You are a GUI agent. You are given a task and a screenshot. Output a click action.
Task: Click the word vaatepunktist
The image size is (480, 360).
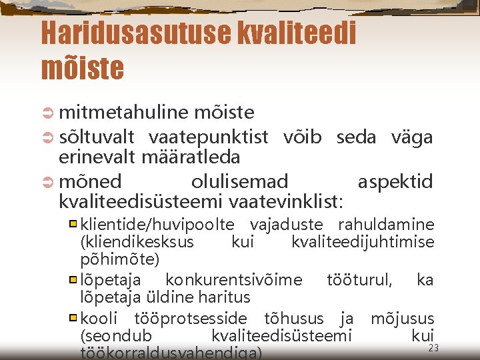(209, 137)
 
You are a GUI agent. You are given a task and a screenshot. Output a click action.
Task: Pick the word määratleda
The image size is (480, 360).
(190, 157)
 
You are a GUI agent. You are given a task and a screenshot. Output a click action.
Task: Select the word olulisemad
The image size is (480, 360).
(239, 181)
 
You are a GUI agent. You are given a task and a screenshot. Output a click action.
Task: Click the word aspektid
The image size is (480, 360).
(395, 181)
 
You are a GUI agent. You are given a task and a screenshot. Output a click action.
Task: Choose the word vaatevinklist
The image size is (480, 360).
(286, 201)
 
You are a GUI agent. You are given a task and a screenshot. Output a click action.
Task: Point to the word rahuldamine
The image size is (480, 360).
(386, 224)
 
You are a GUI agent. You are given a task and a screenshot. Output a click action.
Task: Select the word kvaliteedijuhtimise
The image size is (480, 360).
(363, 241)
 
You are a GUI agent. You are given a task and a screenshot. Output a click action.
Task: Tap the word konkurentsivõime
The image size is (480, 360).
(233, 279)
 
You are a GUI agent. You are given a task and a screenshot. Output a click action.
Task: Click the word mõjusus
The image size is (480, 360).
(402, 319)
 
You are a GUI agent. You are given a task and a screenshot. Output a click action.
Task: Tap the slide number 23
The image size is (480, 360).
(434, 348)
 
